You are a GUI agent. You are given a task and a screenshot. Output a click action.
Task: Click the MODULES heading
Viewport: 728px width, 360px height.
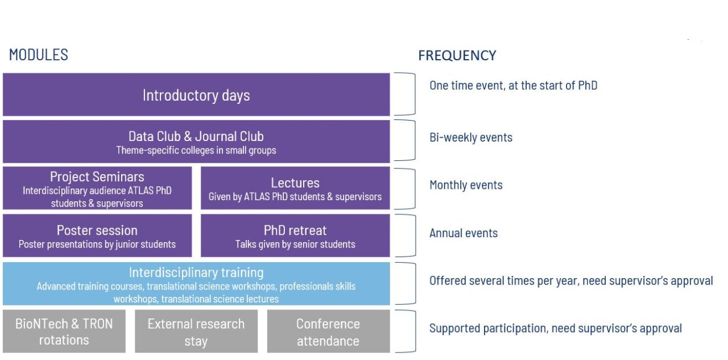[38, 55]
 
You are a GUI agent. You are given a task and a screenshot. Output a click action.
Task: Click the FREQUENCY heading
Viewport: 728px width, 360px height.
[457, 56]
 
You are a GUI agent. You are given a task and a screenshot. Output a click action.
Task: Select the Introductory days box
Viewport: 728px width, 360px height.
[196, 94]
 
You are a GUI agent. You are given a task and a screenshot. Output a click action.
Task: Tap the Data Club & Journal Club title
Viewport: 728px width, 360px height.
[196, 136]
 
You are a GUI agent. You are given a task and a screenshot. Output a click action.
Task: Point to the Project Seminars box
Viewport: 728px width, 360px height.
[97, 188]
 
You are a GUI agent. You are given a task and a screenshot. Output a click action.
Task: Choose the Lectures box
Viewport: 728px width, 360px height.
[295, 188]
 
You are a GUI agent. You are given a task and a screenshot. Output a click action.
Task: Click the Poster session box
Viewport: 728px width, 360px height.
[97, 235]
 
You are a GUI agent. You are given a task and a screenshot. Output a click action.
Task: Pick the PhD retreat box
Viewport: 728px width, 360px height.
[295, 235]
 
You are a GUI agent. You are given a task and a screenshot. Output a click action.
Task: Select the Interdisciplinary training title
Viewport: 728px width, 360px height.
[196, 272]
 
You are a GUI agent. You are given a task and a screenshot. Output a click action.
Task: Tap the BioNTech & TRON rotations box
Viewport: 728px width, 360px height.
[64, 331]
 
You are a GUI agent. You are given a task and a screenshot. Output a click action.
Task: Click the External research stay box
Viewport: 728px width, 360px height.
[196, 331]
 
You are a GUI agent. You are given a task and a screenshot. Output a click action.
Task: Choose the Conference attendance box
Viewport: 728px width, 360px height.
[328, 331]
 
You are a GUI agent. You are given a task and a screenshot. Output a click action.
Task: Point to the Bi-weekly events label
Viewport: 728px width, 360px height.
[471, 138]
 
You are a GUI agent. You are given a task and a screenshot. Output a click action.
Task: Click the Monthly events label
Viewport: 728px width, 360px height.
[466, 185]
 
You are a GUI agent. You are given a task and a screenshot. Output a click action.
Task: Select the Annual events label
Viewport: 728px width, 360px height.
[464, 233]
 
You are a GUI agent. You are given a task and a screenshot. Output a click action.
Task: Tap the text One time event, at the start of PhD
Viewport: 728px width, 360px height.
[514, 85]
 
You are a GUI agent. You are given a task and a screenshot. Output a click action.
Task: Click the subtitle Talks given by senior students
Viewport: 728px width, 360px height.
[295, 245]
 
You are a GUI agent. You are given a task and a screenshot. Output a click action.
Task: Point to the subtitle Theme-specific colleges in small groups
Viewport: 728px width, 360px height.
[196, 151]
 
